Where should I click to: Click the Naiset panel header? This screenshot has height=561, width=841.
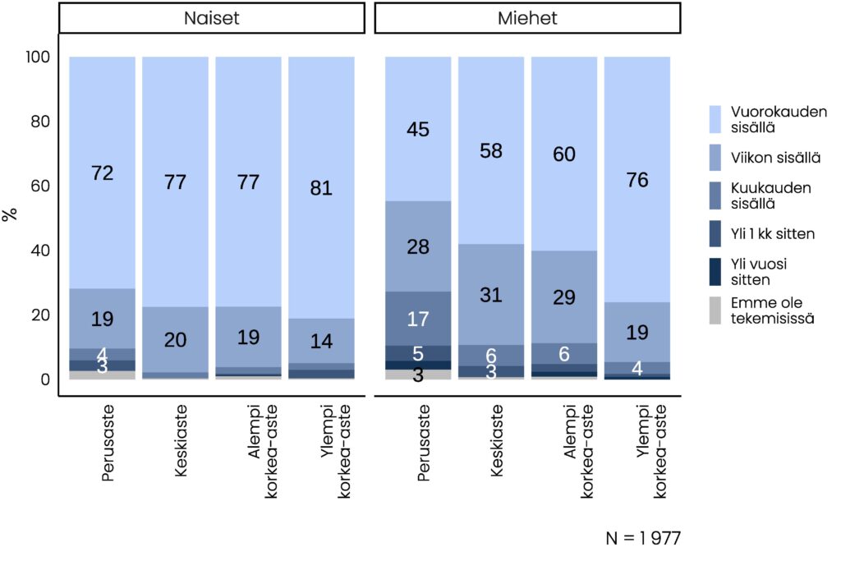click(x=212, y=18)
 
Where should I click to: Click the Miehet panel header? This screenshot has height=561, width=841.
click(x=527, y=18)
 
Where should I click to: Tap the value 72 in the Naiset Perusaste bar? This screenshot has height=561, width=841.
click(x=103, y=173)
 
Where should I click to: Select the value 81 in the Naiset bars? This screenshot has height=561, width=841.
click(x=321, y=188)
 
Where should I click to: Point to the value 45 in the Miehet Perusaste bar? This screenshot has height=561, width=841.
click(x=418, y=129)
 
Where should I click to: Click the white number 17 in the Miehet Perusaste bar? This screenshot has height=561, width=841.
click(x=418, y=318)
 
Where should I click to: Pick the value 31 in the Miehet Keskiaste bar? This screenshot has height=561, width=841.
click(x=491, y=295)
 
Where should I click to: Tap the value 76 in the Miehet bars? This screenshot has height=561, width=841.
click(x=637, y=181)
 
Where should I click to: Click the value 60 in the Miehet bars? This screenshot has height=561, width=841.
click(x=564, y=154)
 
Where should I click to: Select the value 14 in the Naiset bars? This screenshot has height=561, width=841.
click(x=321, y=342)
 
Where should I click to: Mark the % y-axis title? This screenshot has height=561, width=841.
click(x=11, y=215)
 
